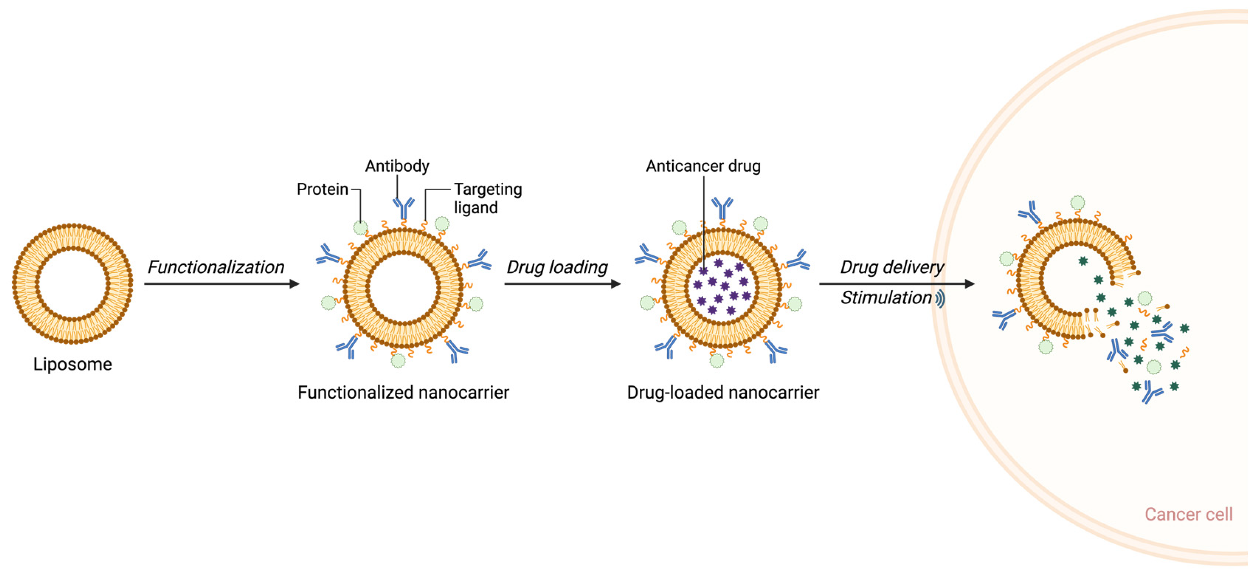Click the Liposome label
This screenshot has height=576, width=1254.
point(73,365)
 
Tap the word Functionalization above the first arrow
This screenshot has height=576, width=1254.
point(216,267)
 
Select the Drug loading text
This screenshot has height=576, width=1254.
point(557,267)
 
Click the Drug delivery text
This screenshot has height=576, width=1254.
point(892,267)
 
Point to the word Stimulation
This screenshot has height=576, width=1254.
point(886,298)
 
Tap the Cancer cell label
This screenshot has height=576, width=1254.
point(1188,514)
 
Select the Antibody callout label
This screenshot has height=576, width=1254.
point(397,166)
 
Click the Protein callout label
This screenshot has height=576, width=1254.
point(322,189)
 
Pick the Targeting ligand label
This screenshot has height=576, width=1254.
point(487,198)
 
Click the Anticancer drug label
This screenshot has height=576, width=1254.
point(703,166)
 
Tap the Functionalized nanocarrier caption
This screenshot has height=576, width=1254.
point(403,392)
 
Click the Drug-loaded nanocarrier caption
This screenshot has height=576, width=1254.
point(723,392)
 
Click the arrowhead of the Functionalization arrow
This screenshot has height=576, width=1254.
point(294,284)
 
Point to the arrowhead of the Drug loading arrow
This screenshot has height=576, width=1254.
point(616,284)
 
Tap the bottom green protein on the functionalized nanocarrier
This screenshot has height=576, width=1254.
point(398,361)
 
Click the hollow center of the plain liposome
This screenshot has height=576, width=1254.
point(73,284)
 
